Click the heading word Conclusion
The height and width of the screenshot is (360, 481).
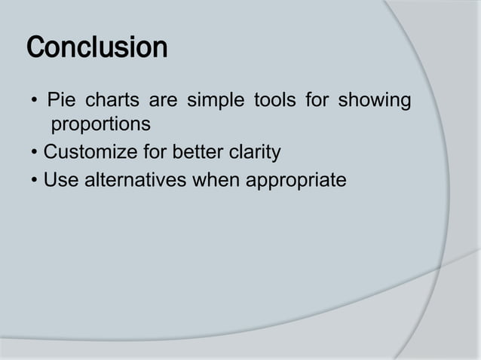pyautogui.click(x=97, y=49)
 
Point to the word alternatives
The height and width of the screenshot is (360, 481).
pyautogui.click(x=133, y=181)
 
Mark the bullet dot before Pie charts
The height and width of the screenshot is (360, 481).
pyautogui.click(x=35, y=101)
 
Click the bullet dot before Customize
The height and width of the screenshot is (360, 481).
pyautogui.click(x=35, y=154)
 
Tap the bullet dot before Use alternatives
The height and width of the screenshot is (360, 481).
pyautogui.click(x=35, y=182)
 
